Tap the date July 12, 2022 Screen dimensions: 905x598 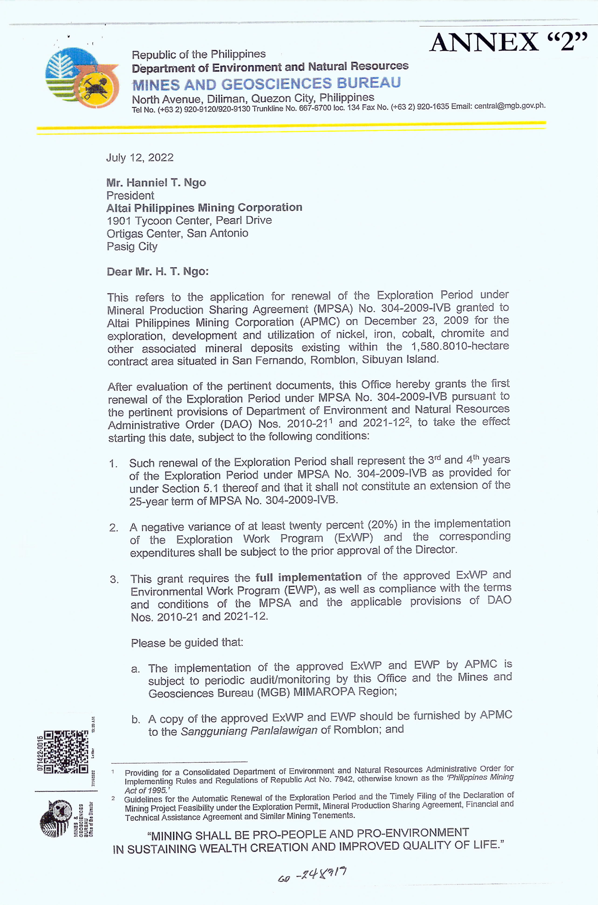coord(140,158)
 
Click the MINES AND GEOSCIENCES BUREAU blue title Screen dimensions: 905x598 coord(266,83)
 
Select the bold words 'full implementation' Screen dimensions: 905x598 coord(308,577)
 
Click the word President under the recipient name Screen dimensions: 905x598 coord(130,196)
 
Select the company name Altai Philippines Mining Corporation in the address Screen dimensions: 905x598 coord(204,208)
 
